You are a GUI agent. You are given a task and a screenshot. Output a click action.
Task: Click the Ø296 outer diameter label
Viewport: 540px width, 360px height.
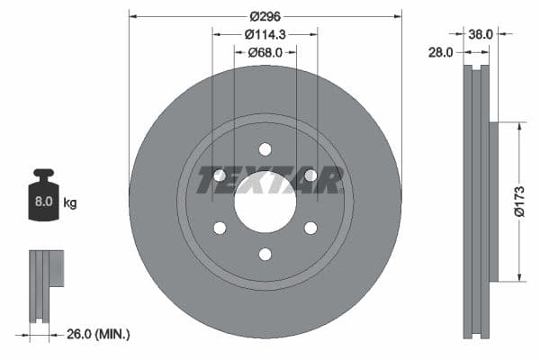265,16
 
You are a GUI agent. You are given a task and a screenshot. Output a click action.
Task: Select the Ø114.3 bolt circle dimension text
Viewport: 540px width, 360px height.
265,34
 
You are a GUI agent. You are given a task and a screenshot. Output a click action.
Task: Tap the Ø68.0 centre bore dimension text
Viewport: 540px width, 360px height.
265,52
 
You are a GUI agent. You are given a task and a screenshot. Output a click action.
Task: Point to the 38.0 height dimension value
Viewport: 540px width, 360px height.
481,34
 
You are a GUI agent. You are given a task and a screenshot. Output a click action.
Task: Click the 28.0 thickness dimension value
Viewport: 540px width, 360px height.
442,53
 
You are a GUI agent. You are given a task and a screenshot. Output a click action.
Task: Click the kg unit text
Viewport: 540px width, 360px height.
70,203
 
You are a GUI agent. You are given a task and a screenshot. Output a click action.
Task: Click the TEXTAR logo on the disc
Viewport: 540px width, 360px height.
270,180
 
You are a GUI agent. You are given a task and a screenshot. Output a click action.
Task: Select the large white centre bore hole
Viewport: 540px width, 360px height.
265,200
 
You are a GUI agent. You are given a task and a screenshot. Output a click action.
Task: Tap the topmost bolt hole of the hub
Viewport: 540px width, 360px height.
265,149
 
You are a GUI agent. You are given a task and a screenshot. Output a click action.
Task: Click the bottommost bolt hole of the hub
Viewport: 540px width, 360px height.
265,255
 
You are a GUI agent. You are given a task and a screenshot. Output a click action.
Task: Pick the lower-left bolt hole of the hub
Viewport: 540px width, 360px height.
220,228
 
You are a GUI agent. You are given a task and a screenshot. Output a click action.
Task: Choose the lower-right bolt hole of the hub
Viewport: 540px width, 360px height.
310,228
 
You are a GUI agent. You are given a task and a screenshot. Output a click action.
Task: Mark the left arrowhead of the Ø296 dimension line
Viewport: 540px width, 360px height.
133,16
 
